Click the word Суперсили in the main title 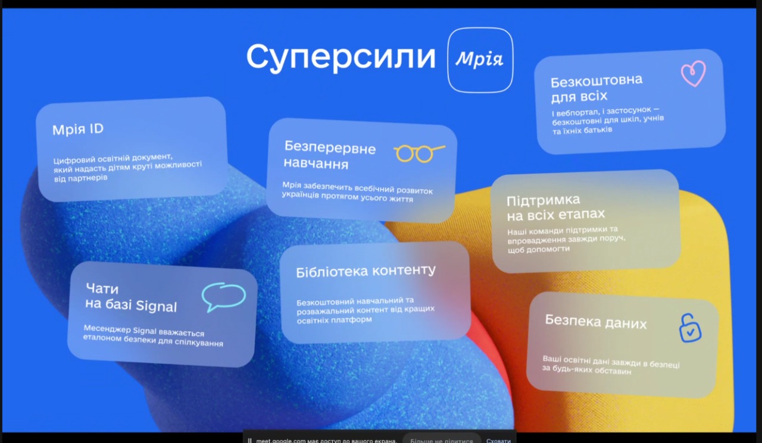pos(341,56)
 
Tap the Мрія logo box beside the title pos(480,60)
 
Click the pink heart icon pos(694,73)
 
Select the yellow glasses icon pos(420,154)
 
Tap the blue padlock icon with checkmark pos(690,328)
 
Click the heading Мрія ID pos(78,130)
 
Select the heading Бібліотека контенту pos(366,271)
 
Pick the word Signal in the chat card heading pos(156,306)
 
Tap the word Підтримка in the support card pos(544,200)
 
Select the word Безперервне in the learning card pos(330,148)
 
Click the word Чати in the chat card pos(102,288)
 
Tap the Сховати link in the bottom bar pos(498,440)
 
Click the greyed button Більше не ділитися pos(442,440)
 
